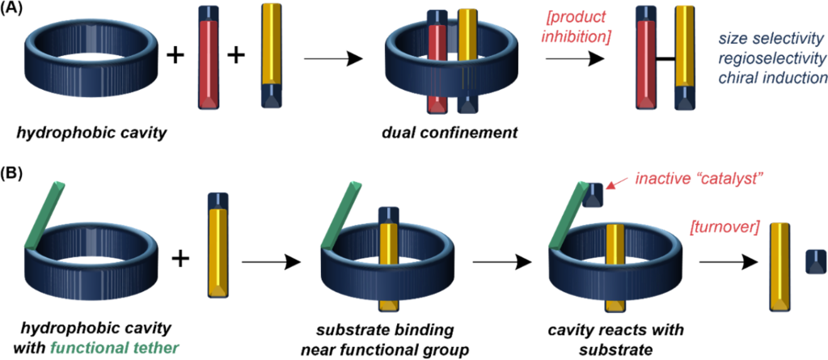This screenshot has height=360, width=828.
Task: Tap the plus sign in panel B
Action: point(181,259)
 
